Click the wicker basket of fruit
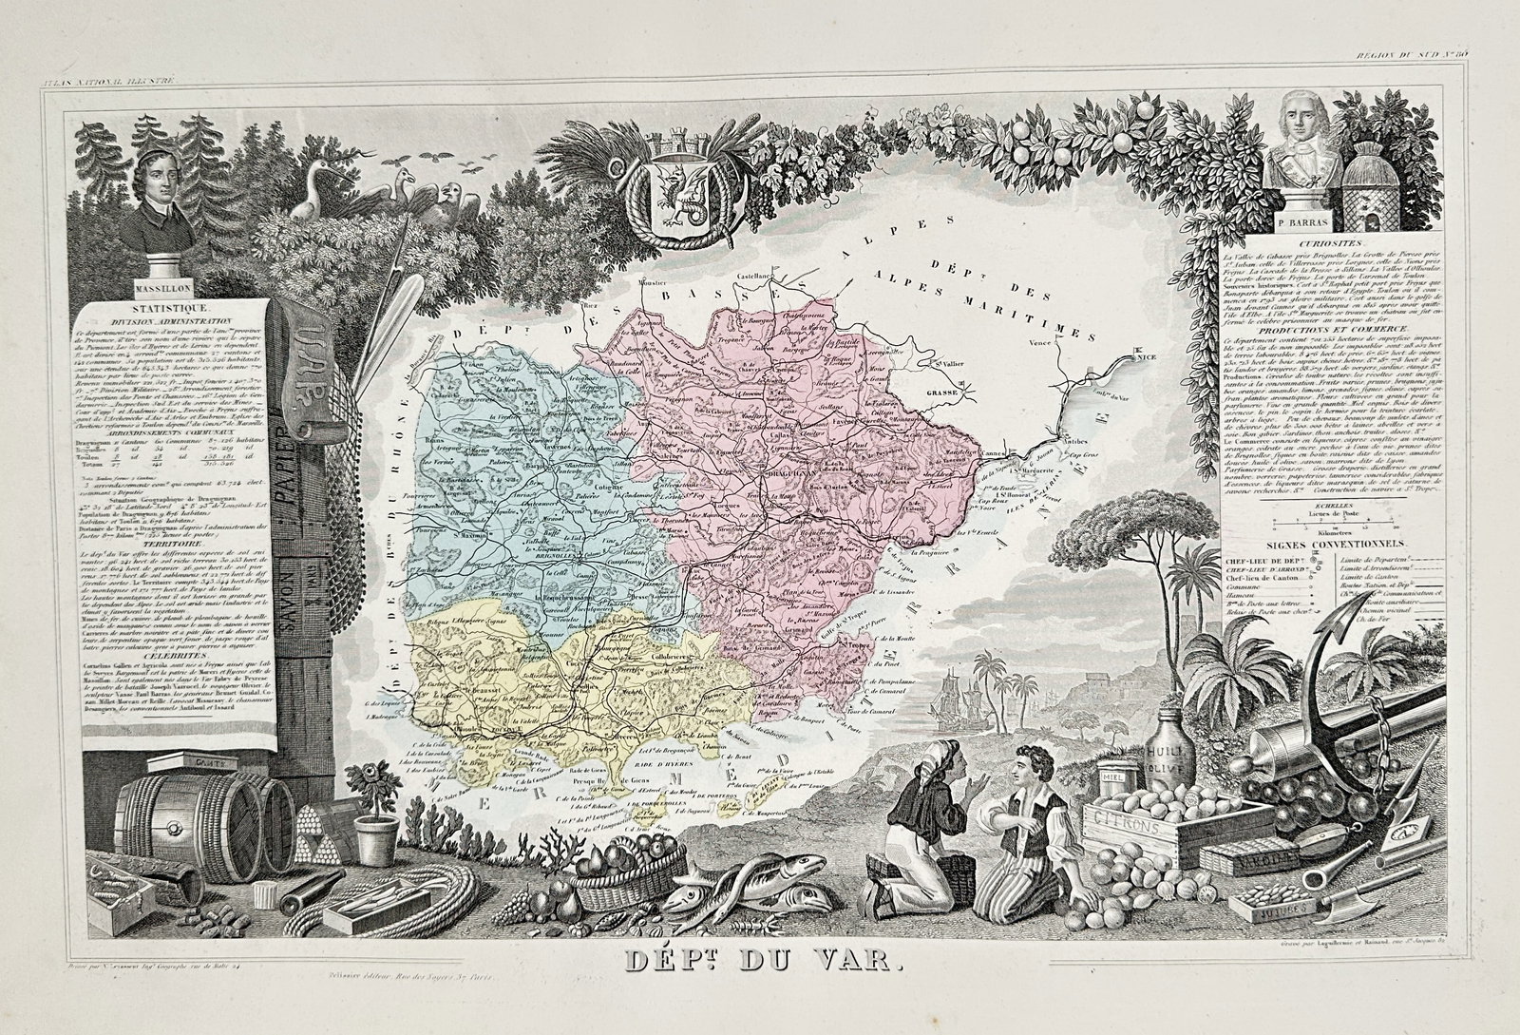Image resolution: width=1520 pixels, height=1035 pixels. click(610, 867)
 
